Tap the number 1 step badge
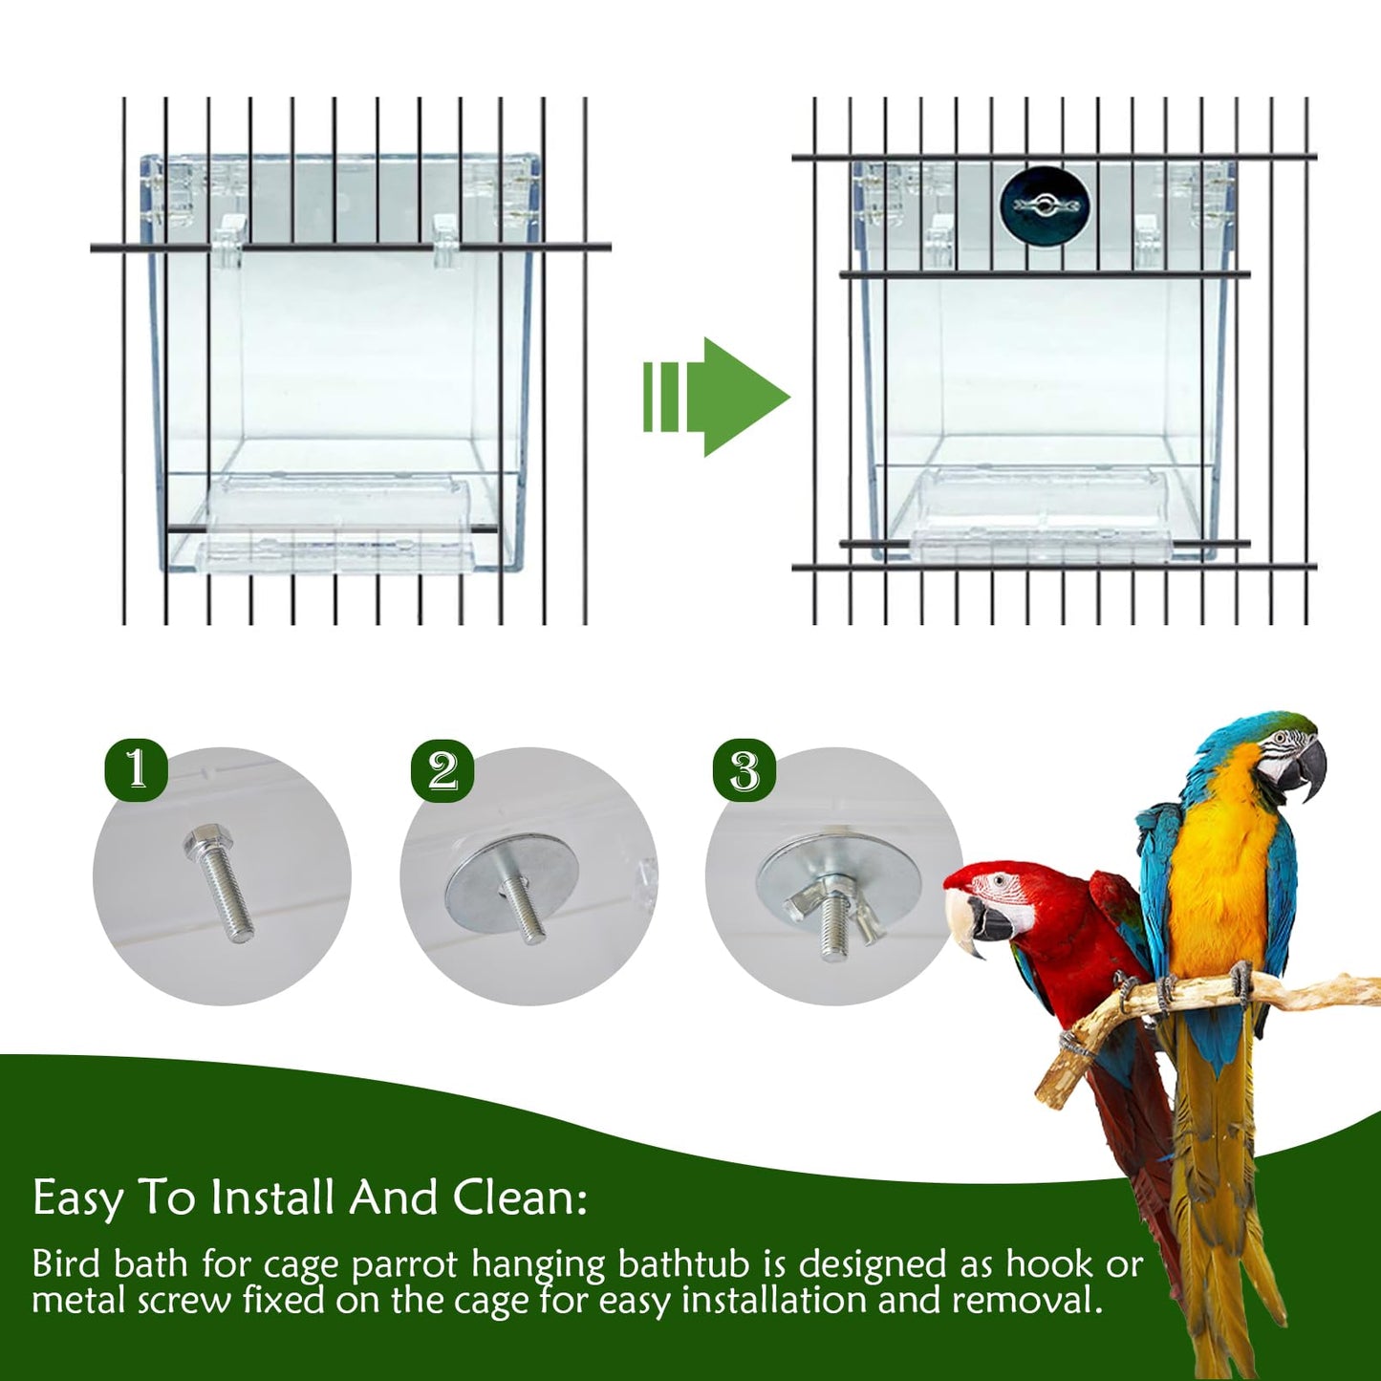(137, 768)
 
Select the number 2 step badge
(442, 770)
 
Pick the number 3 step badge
(744, 770)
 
